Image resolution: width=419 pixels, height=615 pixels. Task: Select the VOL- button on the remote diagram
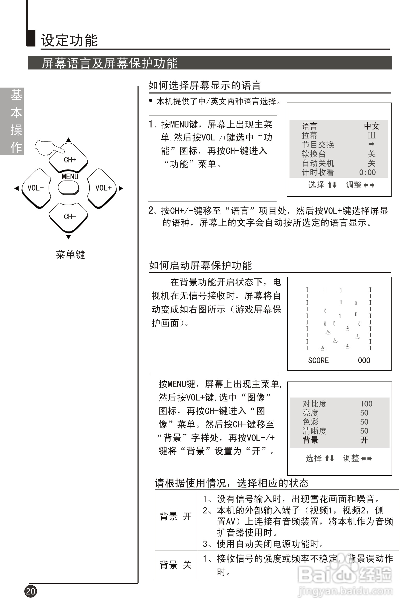tap(36, 188)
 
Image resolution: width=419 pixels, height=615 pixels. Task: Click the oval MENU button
tap(68, 188)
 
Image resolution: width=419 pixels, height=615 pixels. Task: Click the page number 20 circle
tap(31, 591)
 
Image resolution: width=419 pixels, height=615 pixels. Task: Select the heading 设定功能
tap(69, 41)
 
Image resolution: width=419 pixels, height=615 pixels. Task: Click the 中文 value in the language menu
tap(372, 126)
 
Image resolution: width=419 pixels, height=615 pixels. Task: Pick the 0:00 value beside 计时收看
tap(367, 173)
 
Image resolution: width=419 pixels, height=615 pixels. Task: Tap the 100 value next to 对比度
tap(366, 403)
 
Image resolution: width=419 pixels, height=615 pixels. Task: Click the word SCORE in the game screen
tap(318, 360)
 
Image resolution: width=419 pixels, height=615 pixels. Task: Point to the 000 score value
tap(364, 360)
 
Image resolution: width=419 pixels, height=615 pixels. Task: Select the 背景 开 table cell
tap(176, 516)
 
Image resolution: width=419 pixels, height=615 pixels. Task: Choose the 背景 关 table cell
tap(176, 565)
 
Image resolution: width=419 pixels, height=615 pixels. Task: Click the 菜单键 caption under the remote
tap(70, 255)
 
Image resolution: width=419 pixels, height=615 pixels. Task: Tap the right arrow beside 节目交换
tap(371, 144)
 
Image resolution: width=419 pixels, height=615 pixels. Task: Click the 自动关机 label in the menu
tap(318, 163)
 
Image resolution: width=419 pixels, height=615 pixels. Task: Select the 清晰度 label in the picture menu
tap(314, 431)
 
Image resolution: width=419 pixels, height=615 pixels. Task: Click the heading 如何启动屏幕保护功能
tap(200, 265)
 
